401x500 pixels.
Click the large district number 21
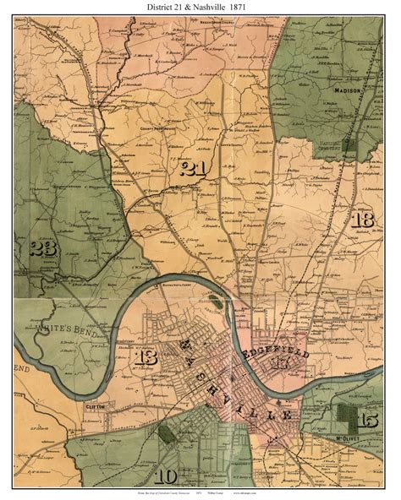point(194,168)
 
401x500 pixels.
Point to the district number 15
point(368,420)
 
